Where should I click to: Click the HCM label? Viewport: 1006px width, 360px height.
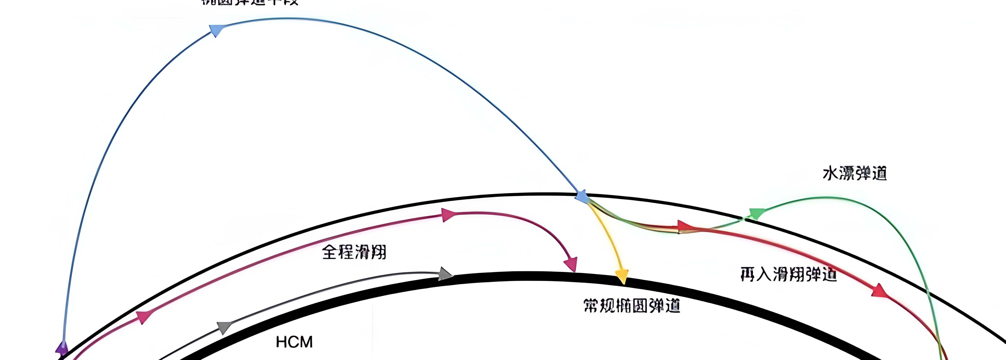click(294, 342)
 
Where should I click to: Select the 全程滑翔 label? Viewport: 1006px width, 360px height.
click(354, 252)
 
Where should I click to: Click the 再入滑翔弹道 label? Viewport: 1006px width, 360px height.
click(788, 274)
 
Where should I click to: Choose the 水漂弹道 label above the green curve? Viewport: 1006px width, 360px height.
click(855, 173)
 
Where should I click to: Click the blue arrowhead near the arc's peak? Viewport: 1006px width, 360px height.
click(216, 30)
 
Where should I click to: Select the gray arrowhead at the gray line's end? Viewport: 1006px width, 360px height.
click(445, 274)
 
